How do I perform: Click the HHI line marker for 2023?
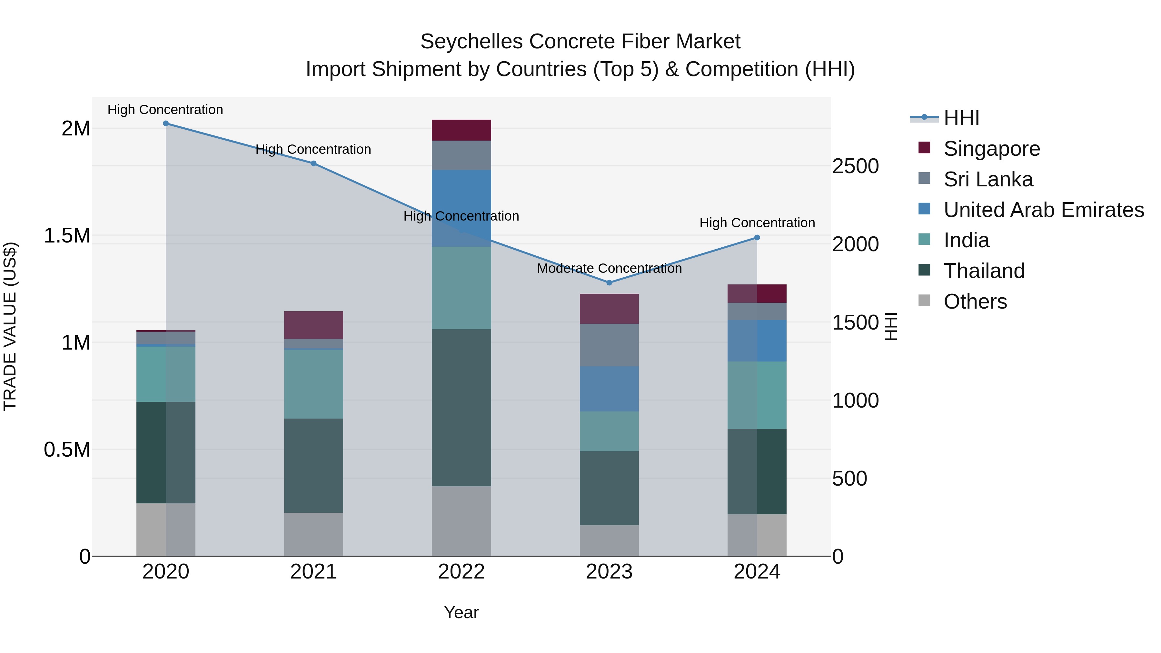point(609,282)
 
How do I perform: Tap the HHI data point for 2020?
point(166,124)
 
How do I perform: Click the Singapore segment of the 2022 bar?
point(461,130)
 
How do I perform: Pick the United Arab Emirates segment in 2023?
point(609,389)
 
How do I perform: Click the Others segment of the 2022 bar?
point(461,521)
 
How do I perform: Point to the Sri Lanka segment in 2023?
point(609,345)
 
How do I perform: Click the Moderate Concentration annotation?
point(609,269)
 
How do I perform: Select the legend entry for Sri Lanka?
point(988,179)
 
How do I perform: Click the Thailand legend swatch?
point(924,271)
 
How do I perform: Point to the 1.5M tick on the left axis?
point(67,236)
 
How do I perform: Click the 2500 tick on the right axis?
point(855,166)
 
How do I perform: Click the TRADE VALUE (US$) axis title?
point(10,326)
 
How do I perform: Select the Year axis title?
point(461,612)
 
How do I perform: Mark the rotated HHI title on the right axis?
point(891,326)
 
